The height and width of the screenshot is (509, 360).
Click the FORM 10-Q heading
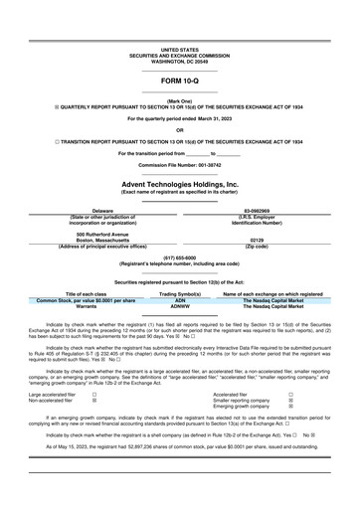(179, 80)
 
